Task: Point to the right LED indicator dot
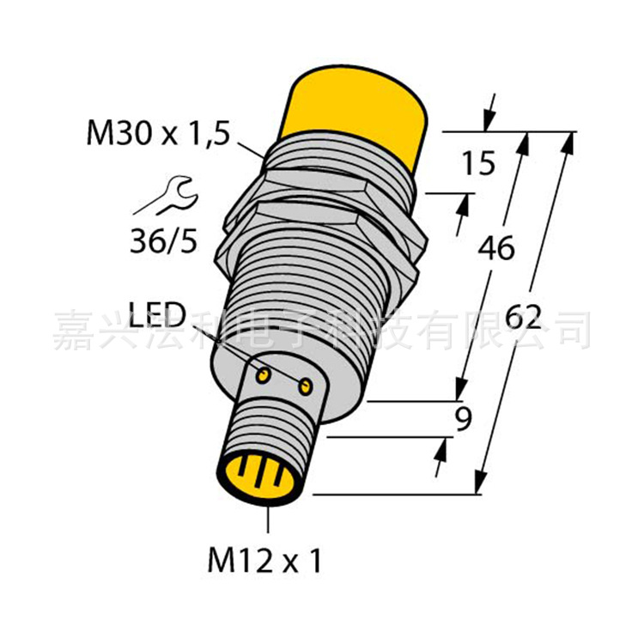tap(304, 387)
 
